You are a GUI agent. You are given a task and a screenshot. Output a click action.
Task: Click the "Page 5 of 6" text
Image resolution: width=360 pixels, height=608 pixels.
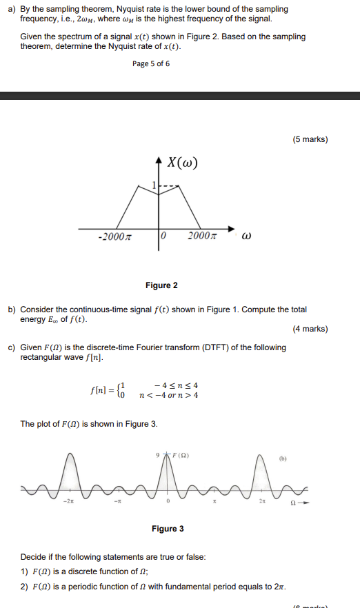(x=150, y=64)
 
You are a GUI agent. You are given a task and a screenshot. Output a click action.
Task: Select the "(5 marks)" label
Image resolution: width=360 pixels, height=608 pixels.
(x=310, y=139)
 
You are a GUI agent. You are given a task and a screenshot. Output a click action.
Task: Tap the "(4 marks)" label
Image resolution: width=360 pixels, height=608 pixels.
(x=310, y=329)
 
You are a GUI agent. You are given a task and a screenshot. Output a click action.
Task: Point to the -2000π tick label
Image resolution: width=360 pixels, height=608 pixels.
(x=114, y=237)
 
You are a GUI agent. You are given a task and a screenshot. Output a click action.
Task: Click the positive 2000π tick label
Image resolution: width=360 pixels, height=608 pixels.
(x=203, y=237)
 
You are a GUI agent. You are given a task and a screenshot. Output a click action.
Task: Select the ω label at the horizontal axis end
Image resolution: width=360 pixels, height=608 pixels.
(x=246, y=237)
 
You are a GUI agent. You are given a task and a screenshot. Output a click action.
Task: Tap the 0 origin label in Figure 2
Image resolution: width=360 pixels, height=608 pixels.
(x=163, y=237)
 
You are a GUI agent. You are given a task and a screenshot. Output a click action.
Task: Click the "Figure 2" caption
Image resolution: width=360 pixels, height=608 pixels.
(x=161, y=285)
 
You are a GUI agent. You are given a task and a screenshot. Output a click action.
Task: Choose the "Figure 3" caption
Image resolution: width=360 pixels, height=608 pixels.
(x=168, y=529)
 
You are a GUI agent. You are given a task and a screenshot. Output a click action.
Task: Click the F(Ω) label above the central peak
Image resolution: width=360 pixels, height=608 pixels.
(x=181, y=455)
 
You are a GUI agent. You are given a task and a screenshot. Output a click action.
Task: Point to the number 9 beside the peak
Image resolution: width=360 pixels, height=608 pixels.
(x=158, y=455)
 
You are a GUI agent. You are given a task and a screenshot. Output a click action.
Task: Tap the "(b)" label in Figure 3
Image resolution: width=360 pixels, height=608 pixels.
(x=283, y=457)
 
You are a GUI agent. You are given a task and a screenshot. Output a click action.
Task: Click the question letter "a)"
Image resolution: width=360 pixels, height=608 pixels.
(x=12, y=9)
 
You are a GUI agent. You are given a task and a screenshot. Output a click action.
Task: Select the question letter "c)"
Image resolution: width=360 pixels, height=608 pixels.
(x=12, y=347)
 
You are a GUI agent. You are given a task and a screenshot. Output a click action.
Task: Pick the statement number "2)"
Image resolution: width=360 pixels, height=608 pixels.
(x=25, y=587)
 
